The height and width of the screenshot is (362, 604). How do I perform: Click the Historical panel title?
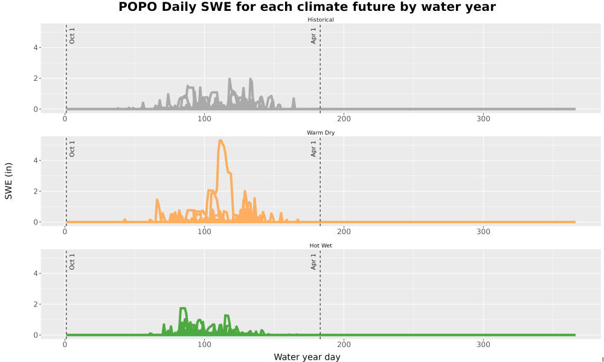[321, 20]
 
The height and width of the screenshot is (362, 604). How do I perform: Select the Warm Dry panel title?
[321, 133]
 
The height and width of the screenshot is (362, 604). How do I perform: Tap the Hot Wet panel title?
[321, 246]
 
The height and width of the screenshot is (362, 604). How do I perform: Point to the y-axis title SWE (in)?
[8, 181]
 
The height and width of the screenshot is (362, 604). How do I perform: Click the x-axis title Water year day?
[307, 357]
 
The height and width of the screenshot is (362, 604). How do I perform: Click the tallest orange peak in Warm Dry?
[220, 141]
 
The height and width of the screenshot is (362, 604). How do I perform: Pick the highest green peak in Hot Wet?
[182, 308]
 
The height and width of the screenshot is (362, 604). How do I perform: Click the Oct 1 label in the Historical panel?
[72, 36]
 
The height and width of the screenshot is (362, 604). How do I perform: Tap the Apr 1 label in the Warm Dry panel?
[313, 148]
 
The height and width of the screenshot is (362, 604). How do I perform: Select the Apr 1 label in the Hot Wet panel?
[313, 262]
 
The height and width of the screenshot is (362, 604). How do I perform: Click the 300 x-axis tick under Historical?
[483, 119]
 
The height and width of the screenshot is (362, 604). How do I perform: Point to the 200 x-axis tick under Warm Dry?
[344, 232]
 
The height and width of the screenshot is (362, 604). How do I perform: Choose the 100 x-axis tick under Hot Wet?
[204, 345]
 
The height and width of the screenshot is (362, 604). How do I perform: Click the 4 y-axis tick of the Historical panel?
[36, 48]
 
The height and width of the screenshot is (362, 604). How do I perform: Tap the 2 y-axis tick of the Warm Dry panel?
[36, 191]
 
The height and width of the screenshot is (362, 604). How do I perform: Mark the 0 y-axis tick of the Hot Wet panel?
[36, 335]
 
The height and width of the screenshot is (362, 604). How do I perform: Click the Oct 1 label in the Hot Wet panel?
[72, 262]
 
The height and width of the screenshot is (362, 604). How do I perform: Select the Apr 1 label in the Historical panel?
[313, 36]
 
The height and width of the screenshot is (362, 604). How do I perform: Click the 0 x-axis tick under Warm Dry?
[65, 232]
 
